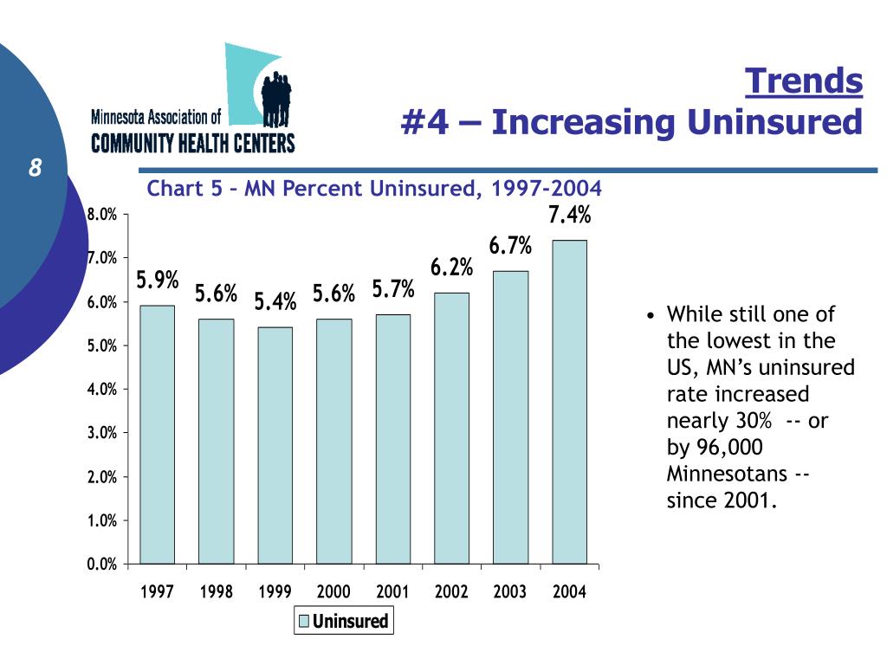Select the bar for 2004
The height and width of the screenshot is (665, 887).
(x=569, y=402)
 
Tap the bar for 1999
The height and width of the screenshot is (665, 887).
(x=275, y=445)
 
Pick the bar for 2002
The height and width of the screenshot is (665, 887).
(x=451, y=428)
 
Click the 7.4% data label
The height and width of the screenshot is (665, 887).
(x=569, y=215)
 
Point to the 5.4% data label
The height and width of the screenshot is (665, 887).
(x=275, y=301)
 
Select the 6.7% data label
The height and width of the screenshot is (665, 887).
(x=510, y=246)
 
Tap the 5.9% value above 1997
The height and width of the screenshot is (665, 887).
(x=157, y=280)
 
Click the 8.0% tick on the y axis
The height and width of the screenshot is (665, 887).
(x=101, y=215)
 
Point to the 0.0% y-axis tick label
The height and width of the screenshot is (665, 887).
(x=101, y=565)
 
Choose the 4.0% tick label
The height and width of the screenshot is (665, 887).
(x=101, y=390)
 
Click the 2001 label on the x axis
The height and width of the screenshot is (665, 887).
(x=392, y=592)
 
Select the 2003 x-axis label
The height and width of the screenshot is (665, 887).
(x=510, y=592)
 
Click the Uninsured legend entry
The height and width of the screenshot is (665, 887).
(x=343, y=620)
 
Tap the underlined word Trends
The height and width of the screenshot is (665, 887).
(x=805, y=81)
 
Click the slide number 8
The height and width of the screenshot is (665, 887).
(x=35, y=168)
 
